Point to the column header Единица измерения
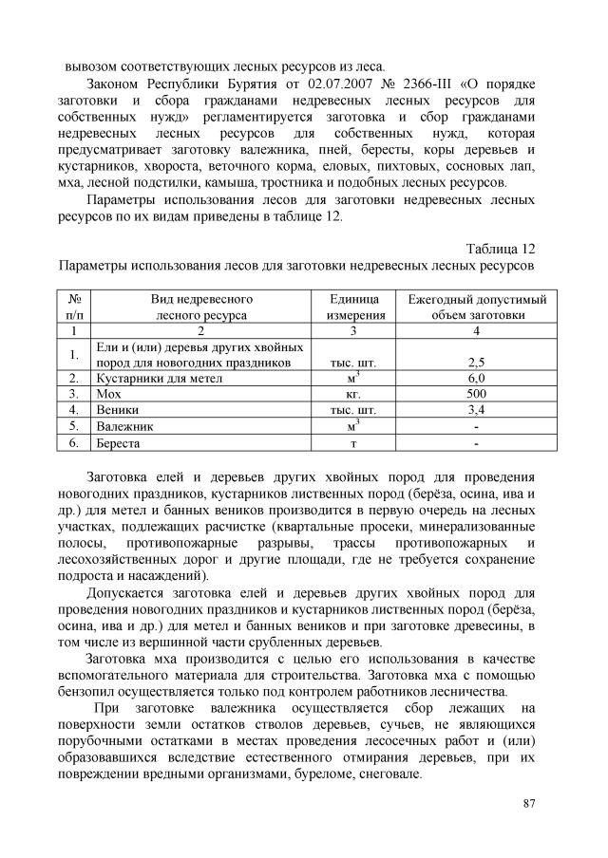(356, 306)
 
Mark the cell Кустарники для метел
(159, 378)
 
